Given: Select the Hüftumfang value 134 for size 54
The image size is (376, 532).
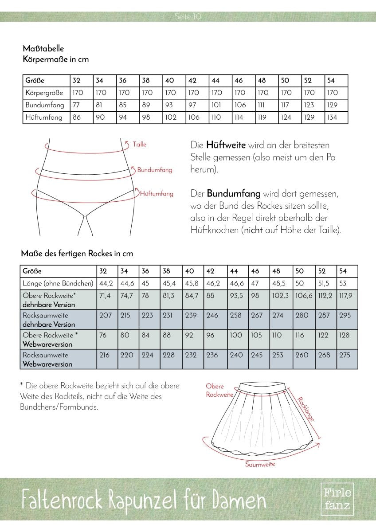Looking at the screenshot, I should pos(332,117).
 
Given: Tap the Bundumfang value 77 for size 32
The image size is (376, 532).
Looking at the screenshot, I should pos(76,105).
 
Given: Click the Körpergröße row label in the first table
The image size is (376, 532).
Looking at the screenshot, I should pos(45,93).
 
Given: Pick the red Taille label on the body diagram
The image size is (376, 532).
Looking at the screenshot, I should pos(139,145).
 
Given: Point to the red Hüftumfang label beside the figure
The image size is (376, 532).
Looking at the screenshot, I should pos(157,193).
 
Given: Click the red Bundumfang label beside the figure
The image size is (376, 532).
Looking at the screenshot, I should pos(155,170).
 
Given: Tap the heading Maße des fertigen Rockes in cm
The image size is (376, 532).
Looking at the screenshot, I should pos(77,254).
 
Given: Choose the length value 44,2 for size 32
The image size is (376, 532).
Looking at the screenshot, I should pos(105,283).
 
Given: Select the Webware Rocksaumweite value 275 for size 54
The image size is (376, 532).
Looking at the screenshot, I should pos(345,355).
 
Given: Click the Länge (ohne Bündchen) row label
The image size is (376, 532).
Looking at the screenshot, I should pos(58,283).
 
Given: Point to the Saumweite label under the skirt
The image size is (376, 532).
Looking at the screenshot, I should pos(260,464).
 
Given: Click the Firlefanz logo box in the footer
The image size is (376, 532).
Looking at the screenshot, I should pos(337,499).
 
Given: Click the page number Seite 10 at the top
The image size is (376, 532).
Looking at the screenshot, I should pos(188,17).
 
